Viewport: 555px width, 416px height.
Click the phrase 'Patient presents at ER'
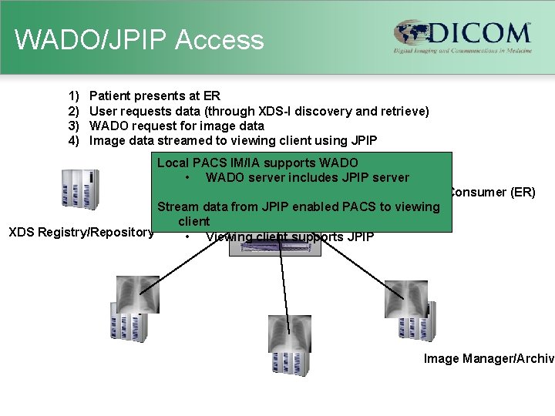click(x=155, y=96)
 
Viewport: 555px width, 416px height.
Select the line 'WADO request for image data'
click(x=177, y=126)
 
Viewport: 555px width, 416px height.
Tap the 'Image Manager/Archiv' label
click(x=489, y=358)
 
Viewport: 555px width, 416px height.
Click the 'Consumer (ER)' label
click(x=492, y=192)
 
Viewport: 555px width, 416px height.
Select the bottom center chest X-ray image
click(x=290, y=334)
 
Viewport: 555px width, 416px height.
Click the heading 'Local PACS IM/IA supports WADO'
click(x=257, y=163)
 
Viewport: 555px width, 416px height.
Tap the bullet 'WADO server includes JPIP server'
click(x=307, y=177)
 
